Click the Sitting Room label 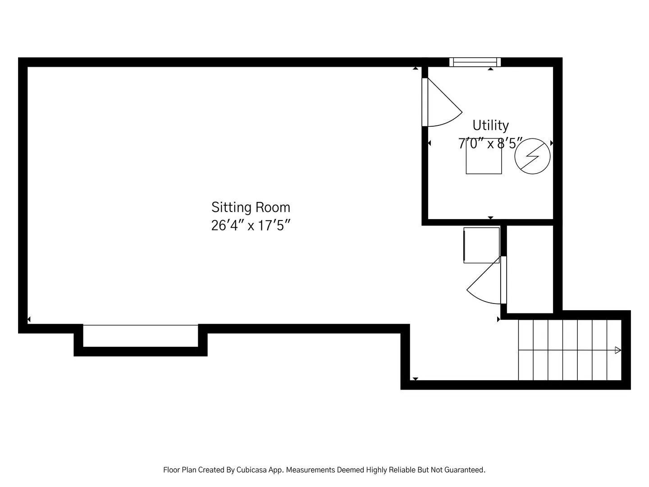[x=251, y=207]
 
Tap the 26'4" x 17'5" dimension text [x=251, y=225]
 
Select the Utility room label [x=490, y=126]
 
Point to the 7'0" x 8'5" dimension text [x=490, y=143]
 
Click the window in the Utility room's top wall [x=475, y=62]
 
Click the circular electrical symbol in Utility [x=532, y=156]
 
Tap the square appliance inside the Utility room [x=484, y=160]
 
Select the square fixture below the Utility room [x=481, y=245]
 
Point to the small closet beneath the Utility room [x=530, y=269]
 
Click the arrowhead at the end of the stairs [x=618, y=350]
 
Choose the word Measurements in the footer [x=311, y=470]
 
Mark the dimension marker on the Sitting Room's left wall [x=29, y=319]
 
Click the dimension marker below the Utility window [x=490, y=69]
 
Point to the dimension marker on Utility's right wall [x=552, y=143]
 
